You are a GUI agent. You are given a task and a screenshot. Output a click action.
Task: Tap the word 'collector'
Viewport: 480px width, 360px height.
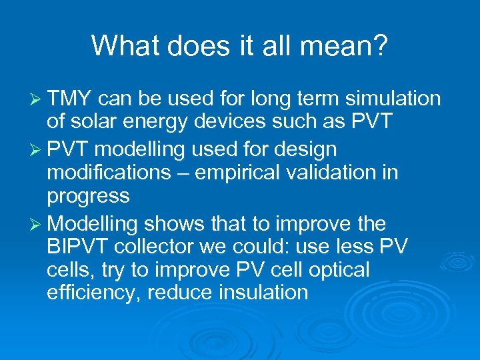click(155, 247)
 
